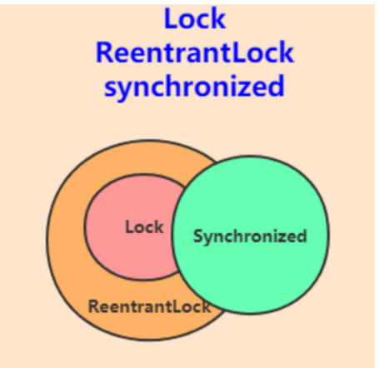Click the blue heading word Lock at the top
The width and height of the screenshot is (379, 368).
(195, 18)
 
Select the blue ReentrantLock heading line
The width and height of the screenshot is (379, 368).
(195, 52)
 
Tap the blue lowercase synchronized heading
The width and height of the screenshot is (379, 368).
(194, 87)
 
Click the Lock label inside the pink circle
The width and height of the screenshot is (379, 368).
(144, 227)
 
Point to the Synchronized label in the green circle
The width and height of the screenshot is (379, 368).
(250, 236)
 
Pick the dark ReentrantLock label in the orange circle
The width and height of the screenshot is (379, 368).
(149, 306)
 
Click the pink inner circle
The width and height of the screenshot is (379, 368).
(131, 227)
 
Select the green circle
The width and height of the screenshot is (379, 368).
(251, 235)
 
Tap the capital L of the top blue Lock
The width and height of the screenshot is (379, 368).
(171, 18)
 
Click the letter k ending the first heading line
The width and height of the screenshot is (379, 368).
(219, 18)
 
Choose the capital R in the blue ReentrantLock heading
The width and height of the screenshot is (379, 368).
(103, 52)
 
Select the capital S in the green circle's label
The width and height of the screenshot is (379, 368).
(198, 236)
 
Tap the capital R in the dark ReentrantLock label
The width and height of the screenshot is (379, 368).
(93, 306)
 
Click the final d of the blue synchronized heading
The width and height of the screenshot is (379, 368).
(277, 86)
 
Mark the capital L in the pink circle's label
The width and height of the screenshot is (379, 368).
(130, 227)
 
